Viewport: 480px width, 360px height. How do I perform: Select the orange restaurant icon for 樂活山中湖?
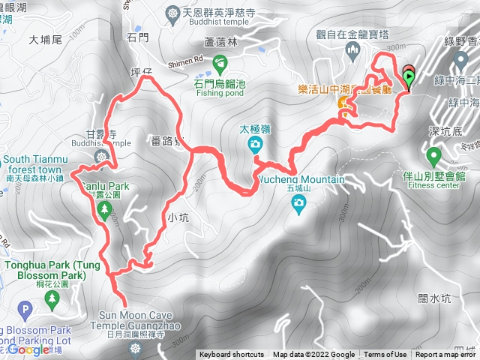point(342,102)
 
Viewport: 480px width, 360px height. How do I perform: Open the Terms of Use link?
point(385,355)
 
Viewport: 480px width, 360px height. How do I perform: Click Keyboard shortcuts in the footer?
point(232,355)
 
